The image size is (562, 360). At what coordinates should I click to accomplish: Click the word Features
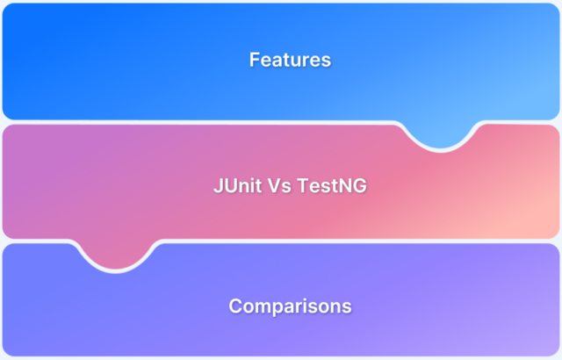click(x=290, y=61)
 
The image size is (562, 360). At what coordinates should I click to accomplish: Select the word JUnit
click(x=236, y=187)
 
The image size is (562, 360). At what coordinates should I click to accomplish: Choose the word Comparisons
click(x=290, y=306)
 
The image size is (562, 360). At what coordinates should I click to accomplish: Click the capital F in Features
click(x=255, y=61)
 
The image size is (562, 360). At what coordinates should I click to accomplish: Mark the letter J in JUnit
click(x=218, y=187)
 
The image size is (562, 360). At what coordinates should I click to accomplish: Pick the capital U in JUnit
click(x=227, y=187)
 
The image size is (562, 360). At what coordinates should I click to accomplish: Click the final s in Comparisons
click(x=347, y=307)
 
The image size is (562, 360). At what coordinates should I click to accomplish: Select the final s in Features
click(x=326, y=61)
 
